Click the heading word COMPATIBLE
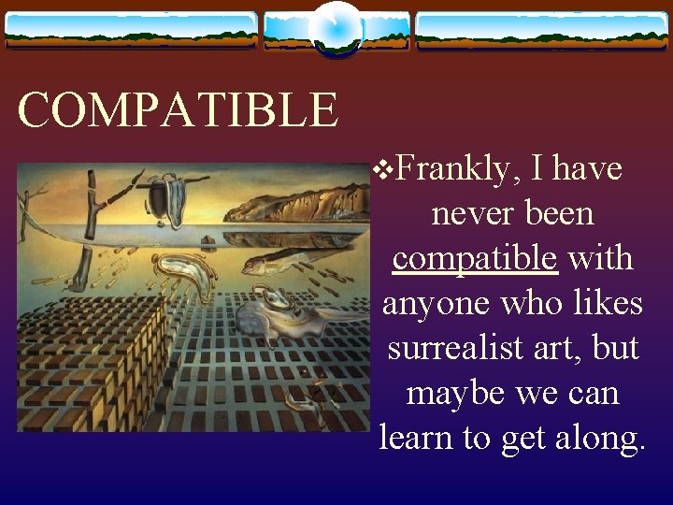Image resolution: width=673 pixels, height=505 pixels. click(x=178, y=110)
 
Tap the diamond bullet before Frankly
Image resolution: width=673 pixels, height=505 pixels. click(x=379, y=170)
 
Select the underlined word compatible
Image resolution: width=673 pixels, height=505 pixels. click(x=475, y=258)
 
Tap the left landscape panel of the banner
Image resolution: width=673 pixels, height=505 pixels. click(x=131, y=30)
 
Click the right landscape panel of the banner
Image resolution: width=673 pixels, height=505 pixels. click(x=542, y=30)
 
